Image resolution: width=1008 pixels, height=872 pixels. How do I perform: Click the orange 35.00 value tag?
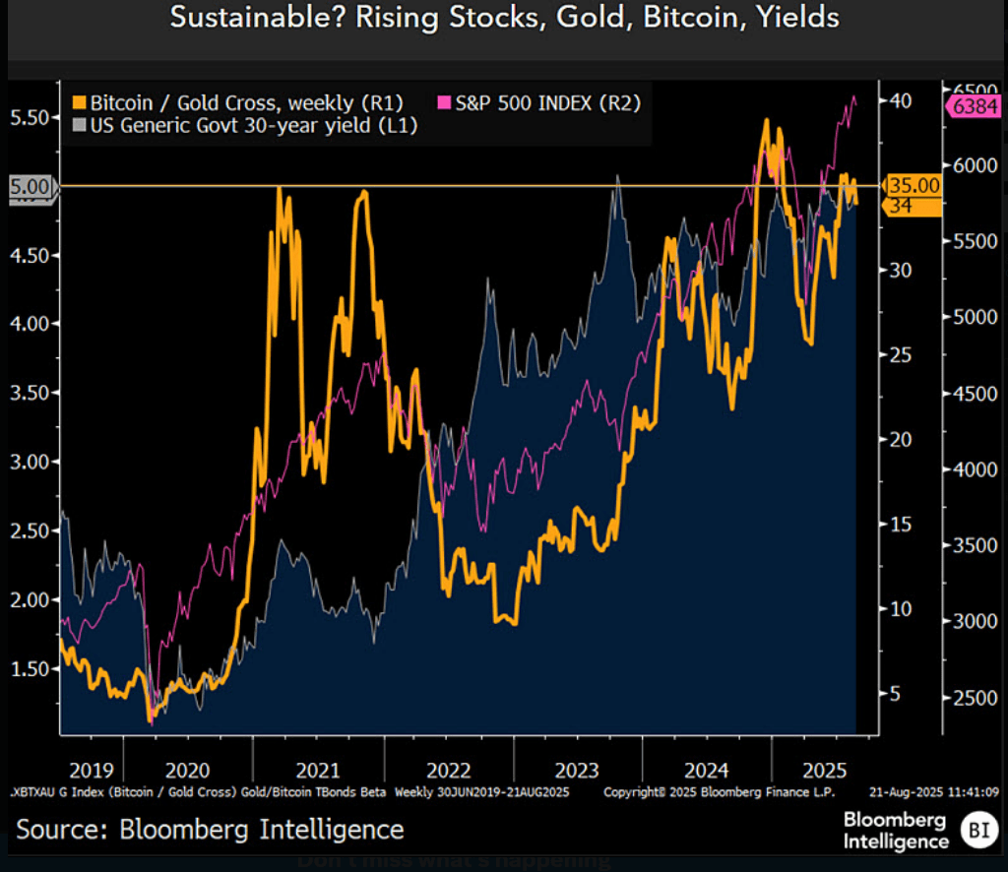(x=913, y=185)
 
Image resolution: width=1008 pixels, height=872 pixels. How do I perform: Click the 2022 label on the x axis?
(x=448, y=770)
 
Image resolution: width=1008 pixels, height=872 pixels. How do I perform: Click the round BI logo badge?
(x=977, y=830)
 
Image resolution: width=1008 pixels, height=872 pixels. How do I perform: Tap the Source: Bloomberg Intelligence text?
(x=210, y=830)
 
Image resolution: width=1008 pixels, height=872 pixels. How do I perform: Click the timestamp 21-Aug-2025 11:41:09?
(x=934, y=791)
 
